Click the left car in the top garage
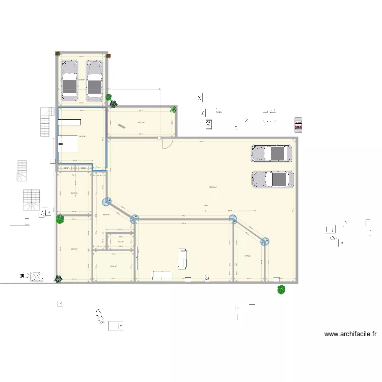coord(70,80)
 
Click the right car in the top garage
coord(94,80)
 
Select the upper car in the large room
coord(271,153)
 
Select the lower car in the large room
coord(272,179)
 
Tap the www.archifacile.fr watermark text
coord(350,335)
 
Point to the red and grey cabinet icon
coord(298,124)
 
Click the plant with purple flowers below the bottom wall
coord(281,289)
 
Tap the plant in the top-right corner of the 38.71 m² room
coord(174,109)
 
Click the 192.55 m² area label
coord(213,187)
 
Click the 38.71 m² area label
coord(141,122)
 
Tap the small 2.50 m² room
coord(121,241)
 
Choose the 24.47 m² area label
coord(74,249)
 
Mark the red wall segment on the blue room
coord(106,122)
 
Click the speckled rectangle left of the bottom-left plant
coord(37,276)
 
